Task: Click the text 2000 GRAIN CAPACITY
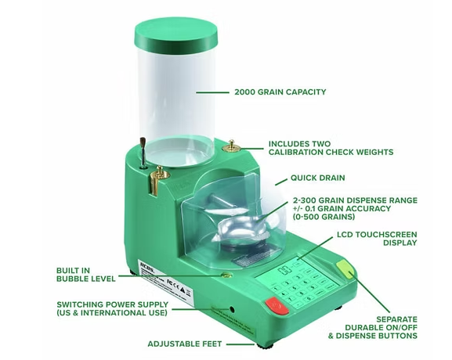pyautogui.click(x=280, y=92)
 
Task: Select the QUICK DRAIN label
pyautogui.click(x=318, y=178)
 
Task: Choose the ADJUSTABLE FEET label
pyautogui.click(x=184, y=344)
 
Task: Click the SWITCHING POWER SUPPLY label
pyautogui.click(x=112, y=308)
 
